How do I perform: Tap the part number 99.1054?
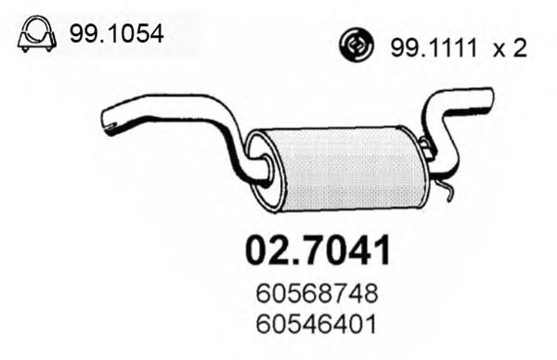[x=116, y=35]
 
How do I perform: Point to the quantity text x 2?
[x=509, y=47]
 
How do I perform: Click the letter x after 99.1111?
[x=499, y=48]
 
